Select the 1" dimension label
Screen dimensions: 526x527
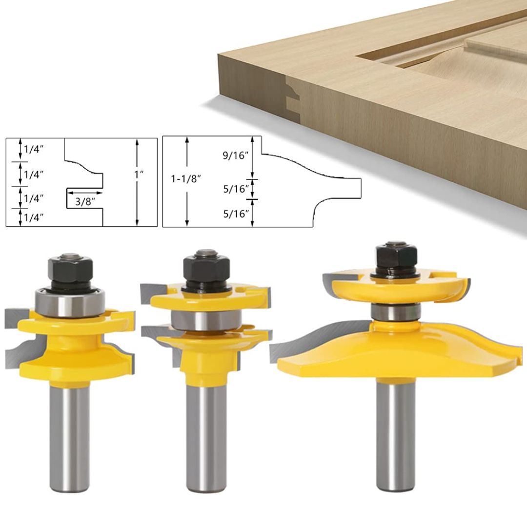[x=139, y=174]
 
